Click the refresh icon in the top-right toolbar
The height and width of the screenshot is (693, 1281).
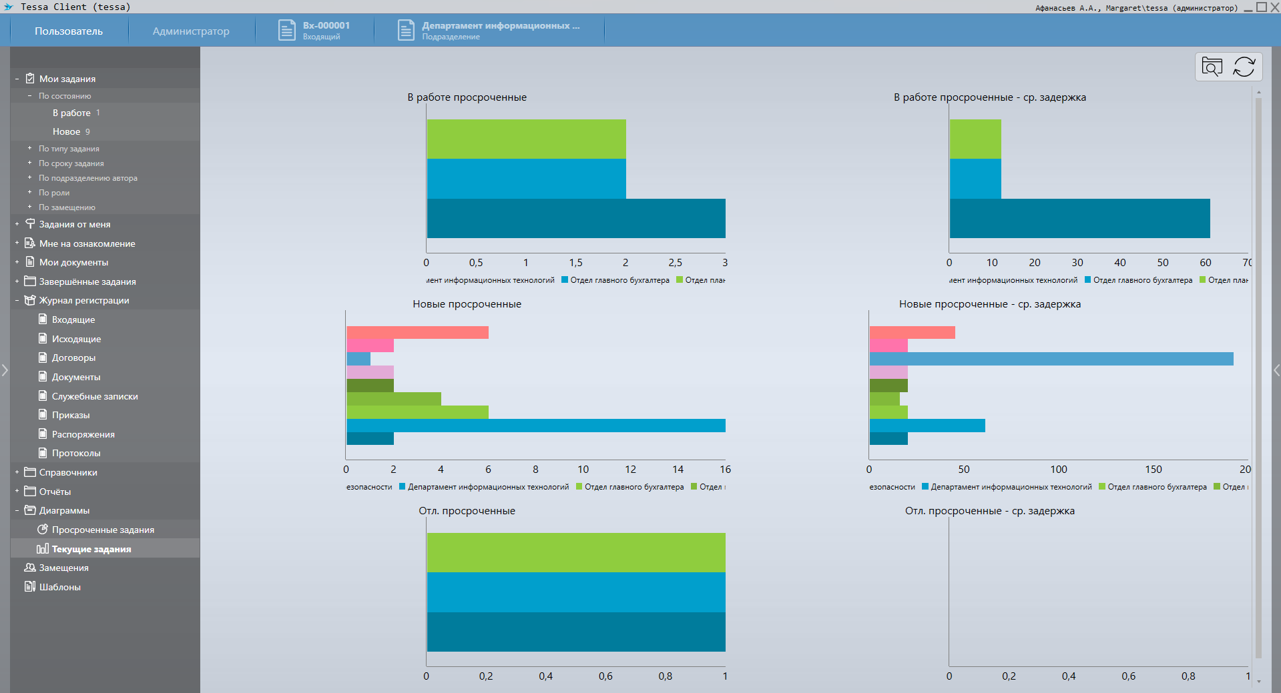(x=1244, y=67)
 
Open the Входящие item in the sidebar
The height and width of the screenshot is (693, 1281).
(x=73, y=319)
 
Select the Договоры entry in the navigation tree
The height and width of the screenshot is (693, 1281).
(x=73, y=358)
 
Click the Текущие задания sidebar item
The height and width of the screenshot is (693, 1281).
(x=91, y=549)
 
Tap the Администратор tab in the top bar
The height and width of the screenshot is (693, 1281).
(x=191, y=31)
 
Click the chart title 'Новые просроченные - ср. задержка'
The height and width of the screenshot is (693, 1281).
(x=989, y=304)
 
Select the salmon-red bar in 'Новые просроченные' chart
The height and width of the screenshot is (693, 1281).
(x=417, y=332)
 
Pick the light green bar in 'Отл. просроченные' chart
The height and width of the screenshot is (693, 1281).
(x=575, y=552)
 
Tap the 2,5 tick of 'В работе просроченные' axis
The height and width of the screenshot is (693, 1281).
(x=675, y=263)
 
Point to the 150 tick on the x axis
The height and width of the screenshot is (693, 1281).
(x=1154, y=470)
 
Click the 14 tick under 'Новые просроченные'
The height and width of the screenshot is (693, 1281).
(x=678, y=470)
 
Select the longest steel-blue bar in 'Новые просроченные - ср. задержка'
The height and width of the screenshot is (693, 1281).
(x=1051, y=359)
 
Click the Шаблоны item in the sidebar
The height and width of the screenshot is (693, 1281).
(x=59, y=587)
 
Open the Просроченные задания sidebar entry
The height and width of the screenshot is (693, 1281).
(x=103, y=530)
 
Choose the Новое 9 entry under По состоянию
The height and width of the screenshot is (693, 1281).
(x=71, y=131)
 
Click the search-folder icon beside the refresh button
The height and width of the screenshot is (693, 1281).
(x=1212, y=67)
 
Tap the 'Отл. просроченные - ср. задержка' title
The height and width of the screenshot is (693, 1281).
(x=989, y=511)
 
